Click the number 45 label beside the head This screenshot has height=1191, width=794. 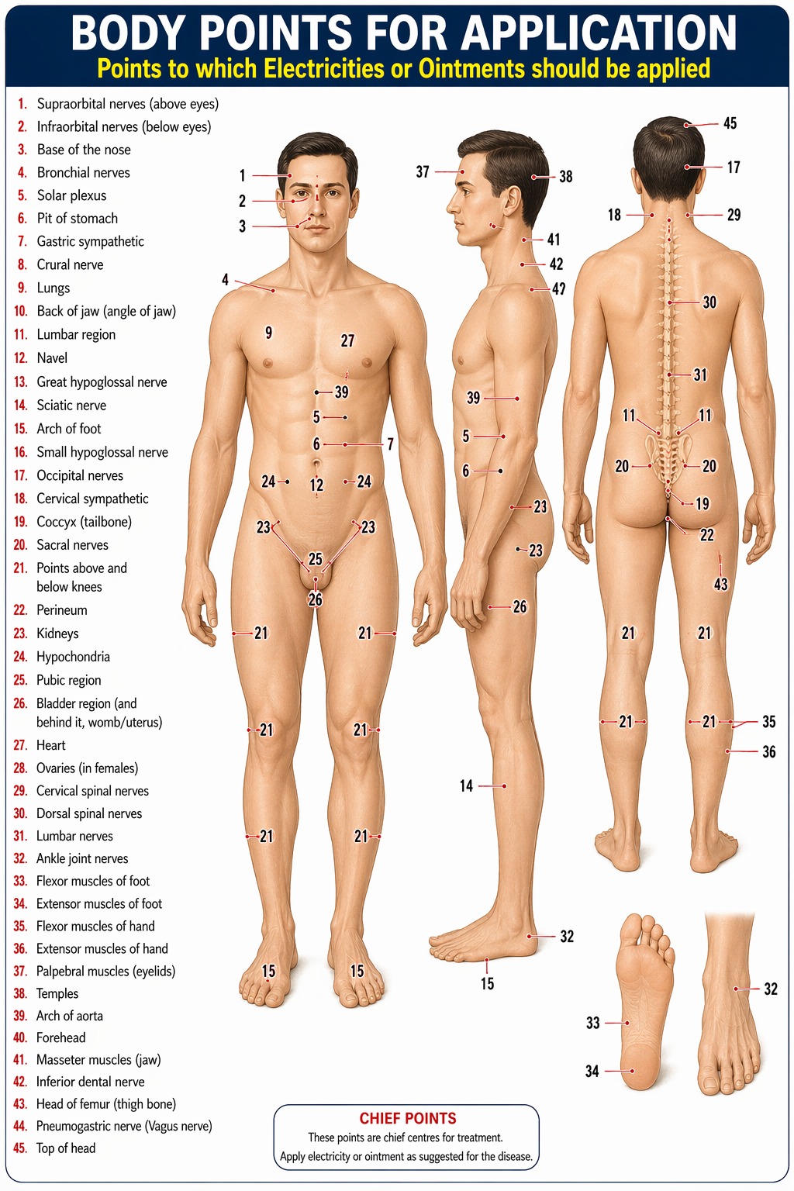point(730,123)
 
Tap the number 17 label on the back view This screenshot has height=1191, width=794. point(734,167)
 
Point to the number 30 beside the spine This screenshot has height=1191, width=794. point(709,302)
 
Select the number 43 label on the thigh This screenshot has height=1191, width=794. point(720,585)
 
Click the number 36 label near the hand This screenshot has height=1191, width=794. point(769,752)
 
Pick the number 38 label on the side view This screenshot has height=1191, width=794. point(566,177)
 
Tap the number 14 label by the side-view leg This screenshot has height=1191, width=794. point(467,785)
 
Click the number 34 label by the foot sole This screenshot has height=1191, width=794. point(592,1071)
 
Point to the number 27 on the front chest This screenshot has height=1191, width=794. point(347,341)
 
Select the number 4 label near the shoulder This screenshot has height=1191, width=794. point(226,280)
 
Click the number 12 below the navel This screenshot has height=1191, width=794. point(316,485)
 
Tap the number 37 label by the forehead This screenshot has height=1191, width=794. point(423,171)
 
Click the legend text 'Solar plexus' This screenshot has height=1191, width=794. point(71,195)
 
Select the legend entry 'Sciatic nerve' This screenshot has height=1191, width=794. point(71,406)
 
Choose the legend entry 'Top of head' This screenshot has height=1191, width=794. point(65,1148)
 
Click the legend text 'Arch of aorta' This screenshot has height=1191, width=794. point(69,1016)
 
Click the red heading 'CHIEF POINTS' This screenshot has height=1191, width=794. point(407,1118)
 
